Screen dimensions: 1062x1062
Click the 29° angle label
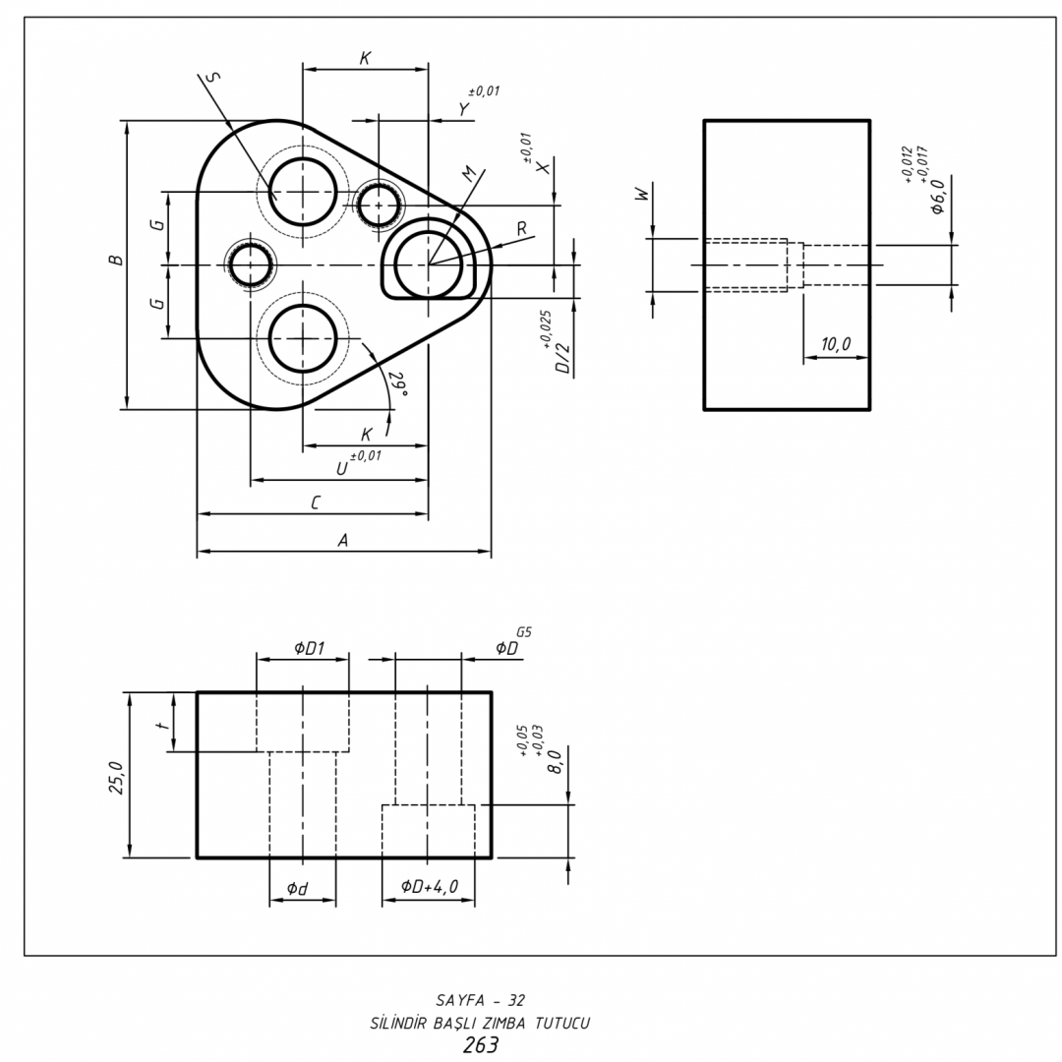point(398,383)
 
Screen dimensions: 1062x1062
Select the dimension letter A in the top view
point(343,540)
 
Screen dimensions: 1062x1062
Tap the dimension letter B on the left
point(117,261)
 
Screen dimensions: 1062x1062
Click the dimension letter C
point(316,502)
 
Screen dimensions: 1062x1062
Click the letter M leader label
point(470,173)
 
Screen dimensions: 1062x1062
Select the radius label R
point(522,228)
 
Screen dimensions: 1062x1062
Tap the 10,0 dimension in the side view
point(836,344)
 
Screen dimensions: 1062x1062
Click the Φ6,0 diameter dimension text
point(937,196)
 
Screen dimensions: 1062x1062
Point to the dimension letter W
point(644,196)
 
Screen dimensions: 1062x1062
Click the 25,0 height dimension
point(117,776)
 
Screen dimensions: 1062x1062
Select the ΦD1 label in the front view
point(309,647)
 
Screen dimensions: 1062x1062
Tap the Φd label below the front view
point(297,889)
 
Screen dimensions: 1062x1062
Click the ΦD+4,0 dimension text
point(430,887)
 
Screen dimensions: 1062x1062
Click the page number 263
point(480,1045)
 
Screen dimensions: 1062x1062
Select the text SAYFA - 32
point(480,1000)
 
